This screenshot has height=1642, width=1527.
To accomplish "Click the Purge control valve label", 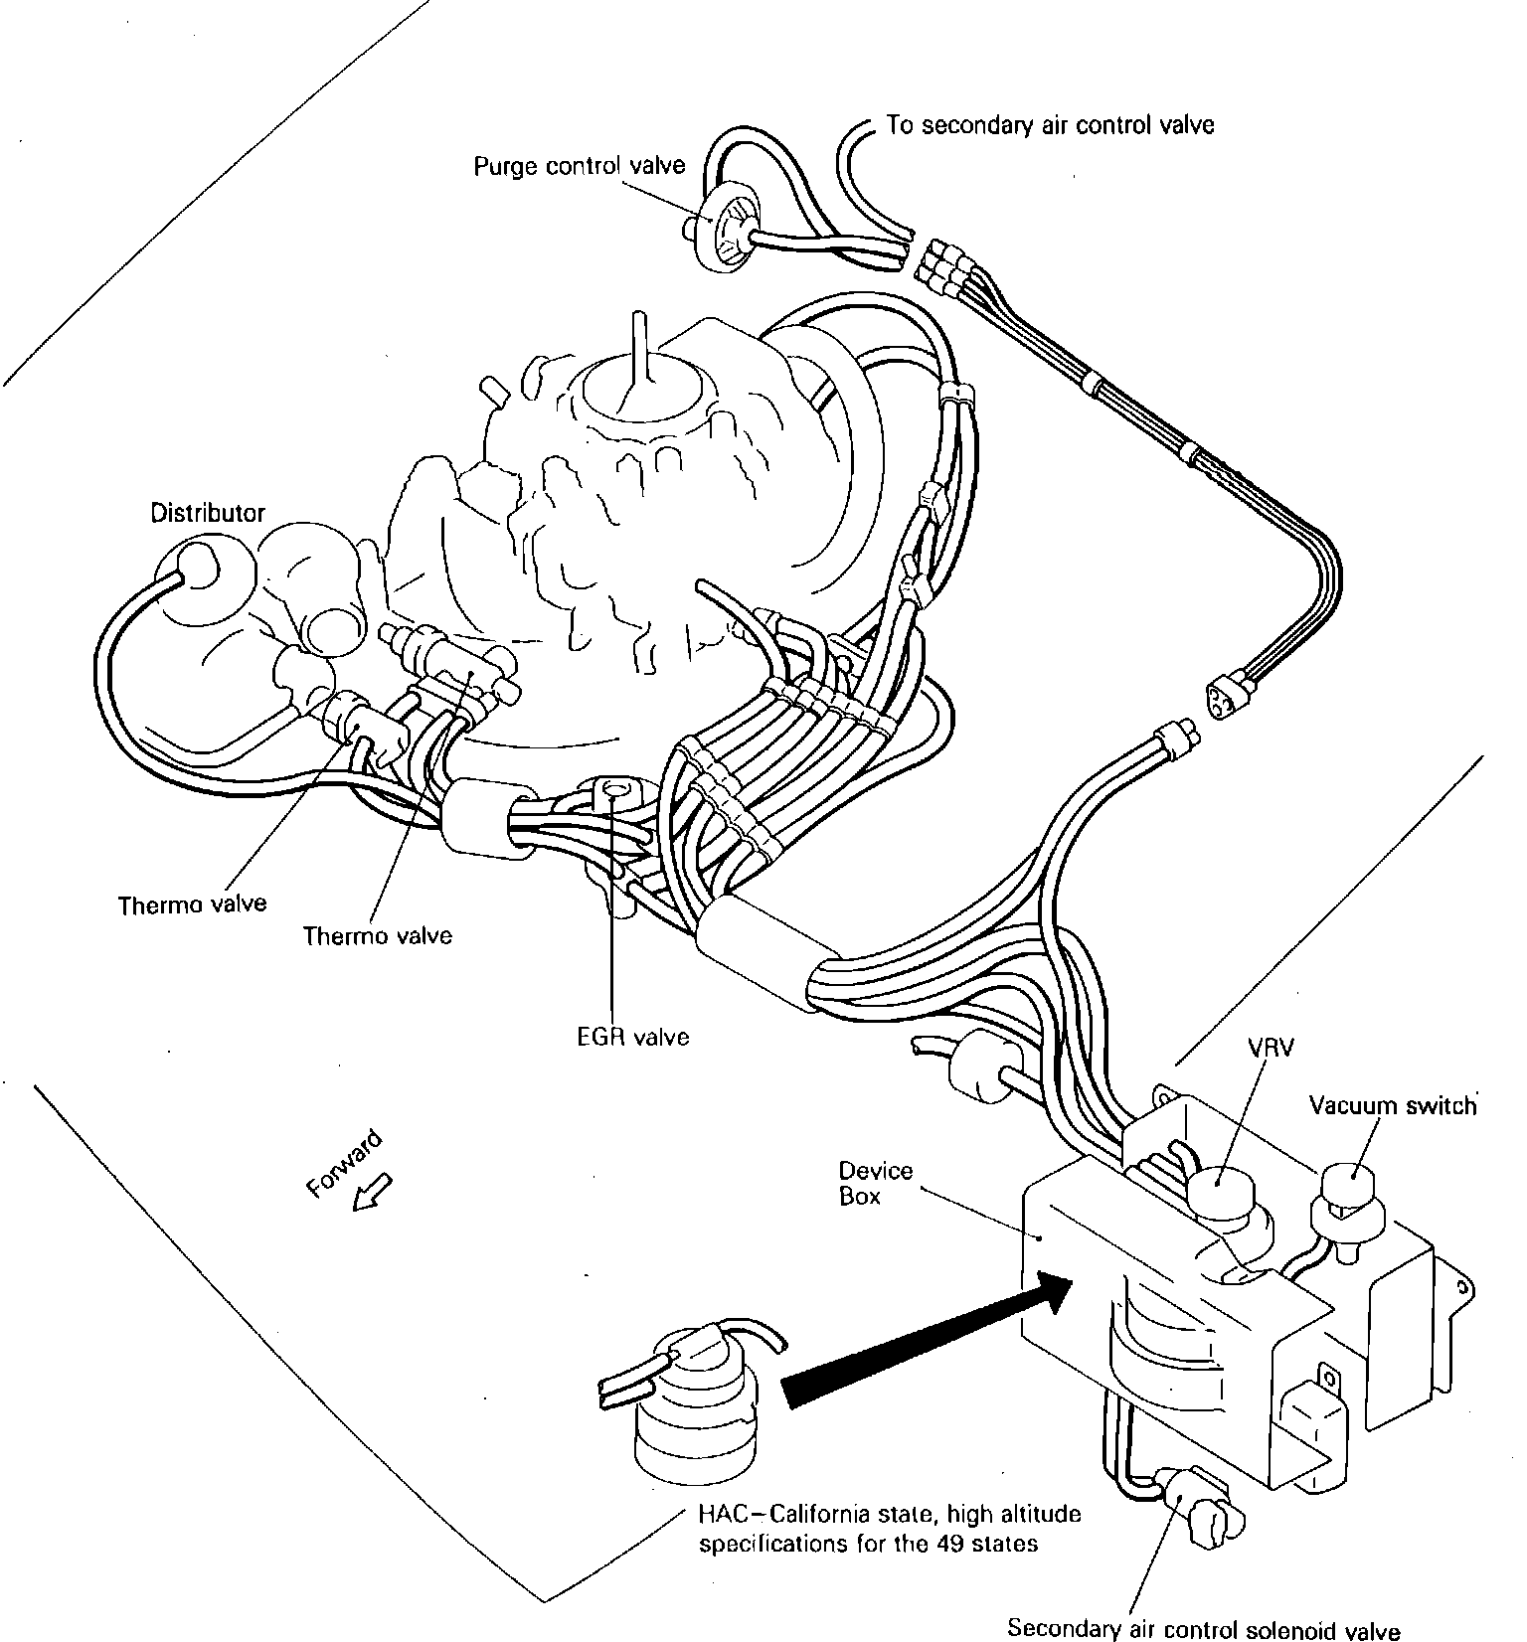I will click(x=579, y=165).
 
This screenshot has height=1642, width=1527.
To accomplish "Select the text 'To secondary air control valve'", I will click(x=1050, y=125).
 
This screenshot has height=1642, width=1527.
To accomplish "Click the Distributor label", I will click(x=208, y=513).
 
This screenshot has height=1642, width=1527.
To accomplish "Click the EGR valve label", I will click(x=633, y=1037).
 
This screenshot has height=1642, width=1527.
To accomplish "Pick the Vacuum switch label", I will click(x=1392, y=1106).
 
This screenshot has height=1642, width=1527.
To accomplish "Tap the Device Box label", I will click(x=875, y=1183).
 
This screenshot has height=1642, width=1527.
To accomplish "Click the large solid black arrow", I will click(x=925, y=1342).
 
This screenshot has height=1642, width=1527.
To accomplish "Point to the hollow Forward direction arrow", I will click(x=373, y=1193).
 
